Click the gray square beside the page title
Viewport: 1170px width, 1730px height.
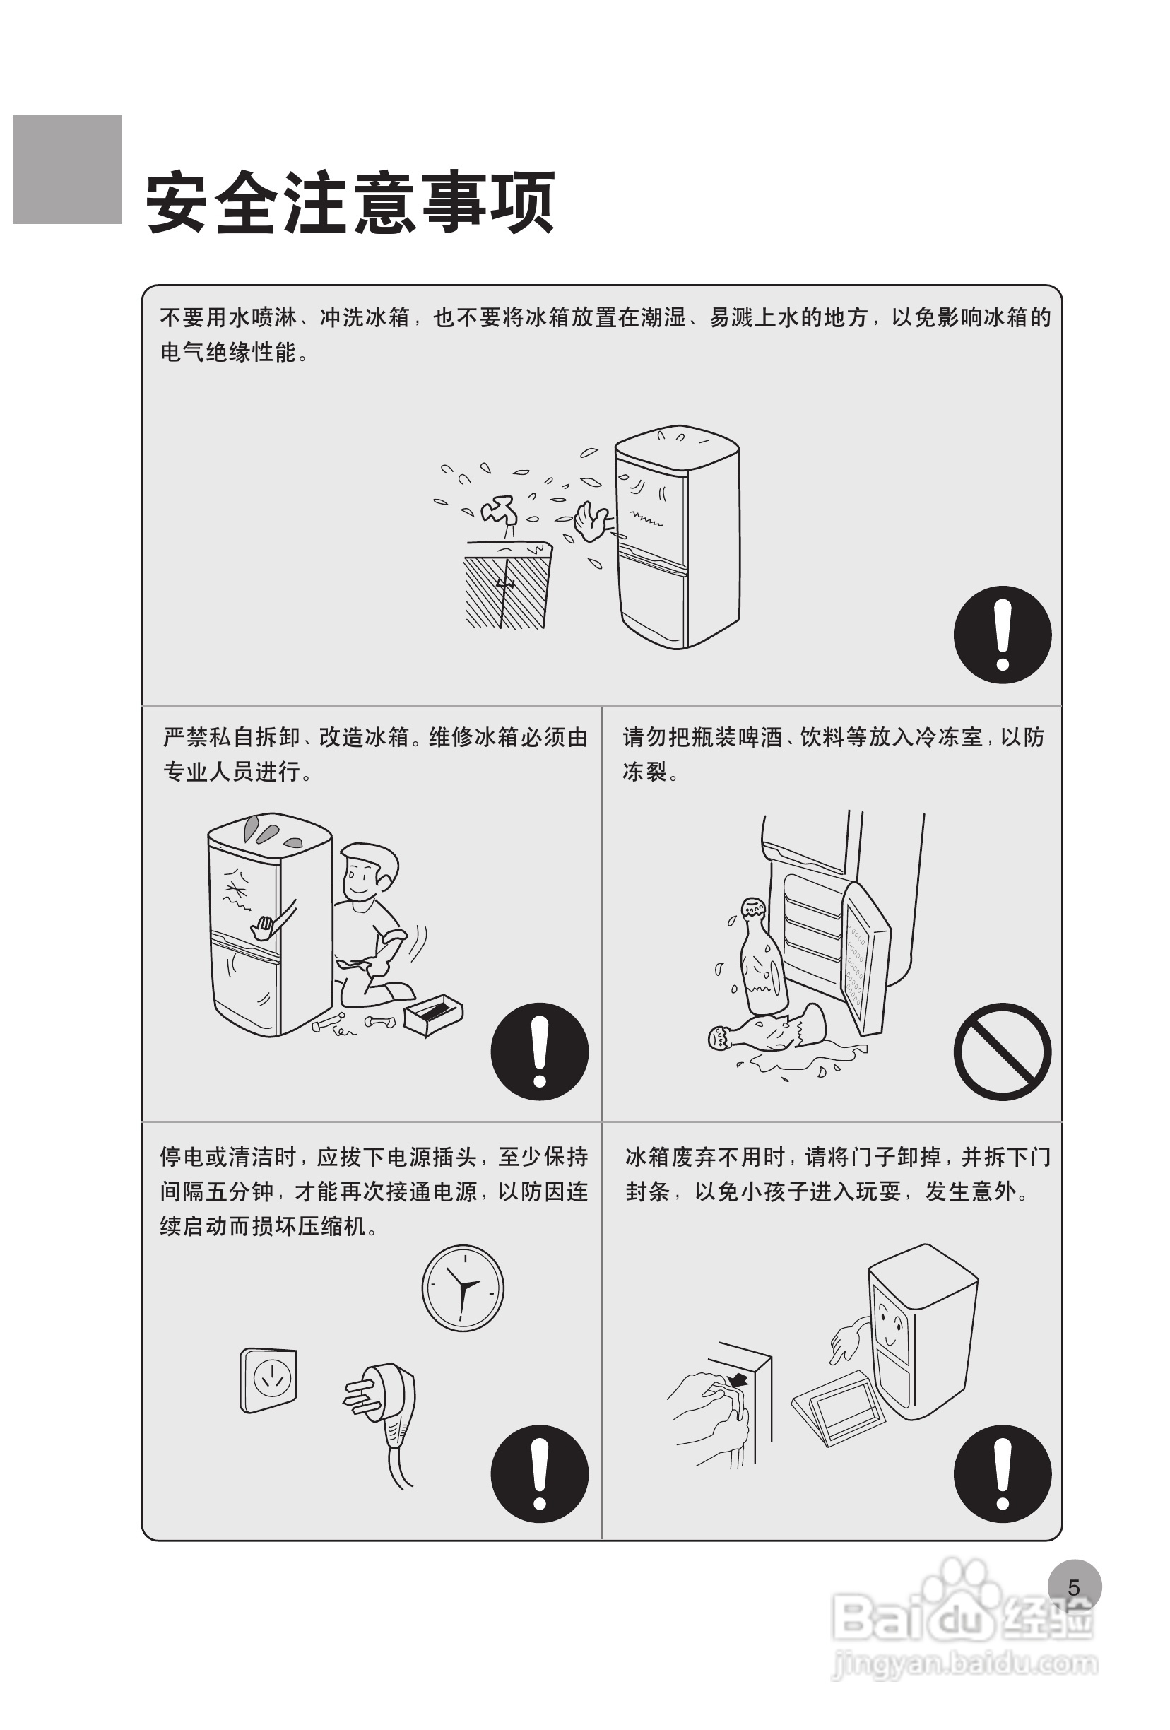point(67,169)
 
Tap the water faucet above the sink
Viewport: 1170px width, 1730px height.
point(500,512)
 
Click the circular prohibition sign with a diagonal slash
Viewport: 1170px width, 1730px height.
point(1002,1051)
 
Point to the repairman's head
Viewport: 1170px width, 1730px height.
point(367,874)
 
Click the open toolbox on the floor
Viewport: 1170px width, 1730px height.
point(433,1015)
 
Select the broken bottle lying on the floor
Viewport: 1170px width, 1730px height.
point(767,1028)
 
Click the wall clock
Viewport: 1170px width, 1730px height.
point(463,1288)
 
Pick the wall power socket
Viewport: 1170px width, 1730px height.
point(268,1380)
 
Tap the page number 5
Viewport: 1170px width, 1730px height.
point(1074,1587)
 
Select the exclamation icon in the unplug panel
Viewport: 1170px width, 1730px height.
point(540,1474)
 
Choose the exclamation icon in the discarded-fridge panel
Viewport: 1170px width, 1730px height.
point(1002,1474)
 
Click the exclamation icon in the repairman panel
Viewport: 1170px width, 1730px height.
point(540,1051)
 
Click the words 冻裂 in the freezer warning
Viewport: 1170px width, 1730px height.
point(644,771)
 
